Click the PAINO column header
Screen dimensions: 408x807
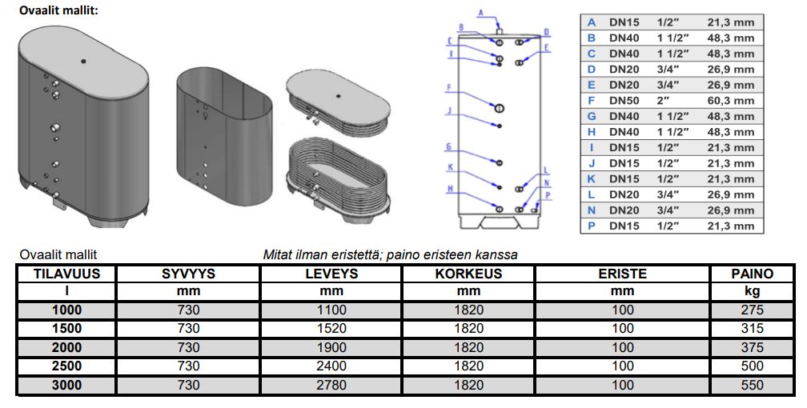point(752,274)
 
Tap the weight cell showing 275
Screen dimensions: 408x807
point(752,310)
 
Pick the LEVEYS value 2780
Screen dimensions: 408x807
point(331,385)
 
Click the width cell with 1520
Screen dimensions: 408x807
point(331,329)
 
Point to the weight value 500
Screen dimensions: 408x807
point(752,366)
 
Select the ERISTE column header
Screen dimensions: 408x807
point(622,274)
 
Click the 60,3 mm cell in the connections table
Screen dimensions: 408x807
point(730,101)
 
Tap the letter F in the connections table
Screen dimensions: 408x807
point(592,101)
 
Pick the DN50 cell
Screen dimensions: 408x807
point(624,101)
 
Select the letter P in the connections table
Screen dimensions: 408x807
point(592,226)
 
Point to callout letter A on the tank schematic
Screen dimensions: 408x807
point(481,11)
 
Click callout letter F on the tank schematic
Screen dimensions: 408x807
point(450,86)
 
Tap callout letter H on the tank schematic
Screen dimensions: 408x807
point(450,189)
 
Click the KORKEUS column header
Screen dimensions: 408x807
point(468,274)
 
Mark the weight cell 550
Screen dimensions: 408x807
point(752,385)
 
